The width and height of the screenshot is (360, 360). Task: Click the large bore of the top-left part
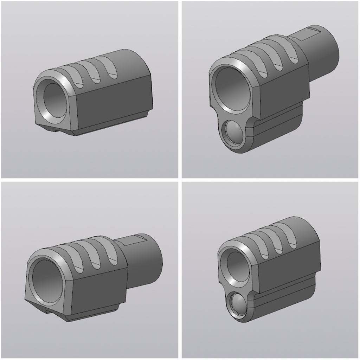54,100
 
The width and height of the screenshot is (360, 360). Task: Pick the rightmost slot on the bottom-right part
291,239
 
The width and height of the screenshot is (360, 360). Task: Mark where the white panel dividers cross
180,180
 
